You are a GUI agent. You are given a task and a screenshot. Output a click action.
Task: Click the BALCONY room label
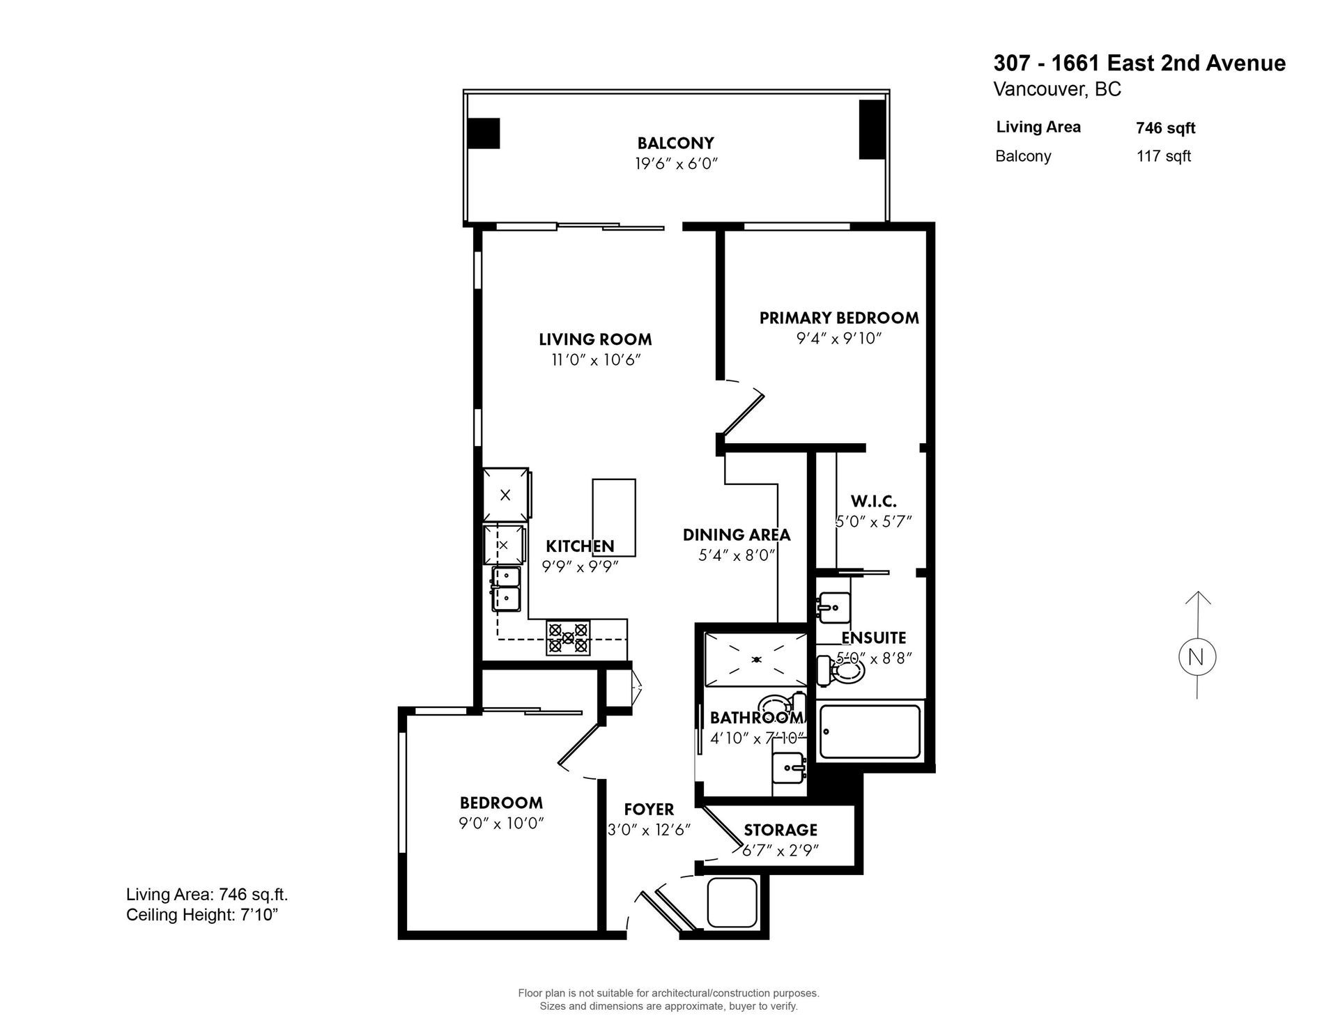click(x=675, y=143)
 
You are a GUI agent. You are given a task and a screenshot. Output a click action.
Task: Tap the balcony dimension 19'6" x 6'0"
click(x=675, y=164)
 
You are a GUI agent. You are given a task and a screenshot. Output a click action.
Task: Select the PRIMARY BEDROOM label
click(x=838, y=318)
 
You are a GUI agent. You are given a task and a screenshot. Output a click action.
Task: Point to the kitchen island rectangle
click(x=614, y=517)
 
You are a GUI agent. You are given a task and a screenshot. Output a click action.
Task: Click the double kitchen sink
click(x=506, y=589)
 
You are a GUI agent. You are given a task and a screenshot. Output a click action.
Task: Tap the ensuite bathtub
click(x=870, y=732)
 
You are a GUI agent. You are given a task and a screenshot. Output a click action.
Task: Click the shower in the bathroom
click(x=755, y=658)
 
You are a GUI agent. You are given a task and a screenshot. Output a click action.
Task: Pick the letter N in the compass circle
click(x=1197, y=657)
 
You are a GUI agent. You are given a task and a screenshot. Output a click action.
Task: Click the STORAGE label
click(x=780, y=830)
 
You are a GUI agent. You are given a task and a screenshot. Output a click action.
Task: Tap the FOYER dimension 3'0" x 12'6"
click(x=649, y=831)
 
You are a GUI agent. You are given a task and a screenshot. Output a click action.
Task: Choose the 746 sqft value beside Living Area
click(x=1165, y=128)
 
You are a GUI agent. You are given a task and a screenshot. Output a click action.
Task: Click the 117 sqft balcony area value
click(x=1163, y=156)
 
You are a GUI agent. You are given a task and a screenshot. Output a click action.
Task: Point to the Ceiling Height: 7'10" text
click(x=202, y=915)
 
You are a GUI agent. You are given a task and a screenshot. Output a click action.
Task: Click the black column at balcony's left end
click(x=483, y=133)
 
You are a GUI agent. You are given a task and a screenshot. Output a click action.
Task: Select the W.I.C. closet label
click(x=873, y=501)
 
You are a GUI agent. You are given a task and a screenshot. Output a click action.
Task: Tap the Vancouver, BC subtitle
click(x=1056, y=89)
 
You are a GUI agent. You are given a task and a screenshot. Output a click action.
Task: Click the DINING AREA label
click(x=736, y=534)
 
